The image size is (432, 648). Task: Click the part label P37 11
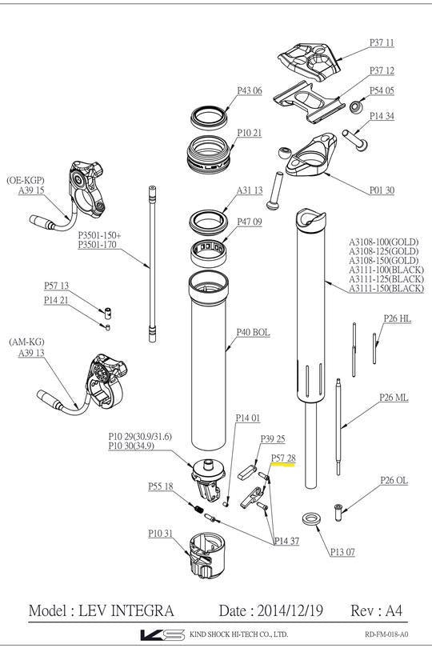(x=382, y=42)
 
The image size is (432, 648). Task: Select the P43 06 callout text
(x=249, y=90)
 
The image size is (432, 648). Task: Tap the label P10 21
(x=249, y=132)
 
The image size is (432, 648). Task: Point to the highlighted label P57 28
(x=283, y=458)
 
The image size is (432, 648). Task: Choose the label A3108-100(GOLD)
(x=386, y=242)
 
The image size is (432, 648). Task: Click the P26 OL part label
(x=394, y=481)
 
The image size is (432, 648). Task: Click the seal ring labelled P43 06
(x=210, y=116)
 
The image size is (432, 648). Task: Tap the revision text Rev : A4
(x=378, y=610)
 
